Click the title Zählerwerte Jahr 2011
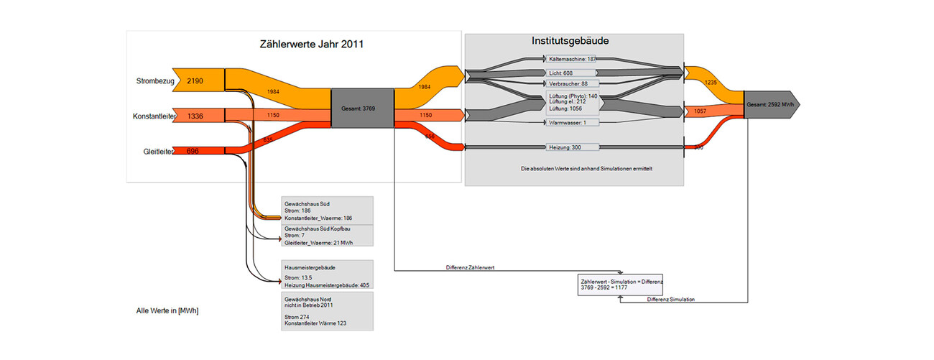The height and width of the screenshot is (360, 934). coord(311,45)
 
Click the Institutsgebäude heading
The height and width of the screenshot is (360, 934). coord(570,41)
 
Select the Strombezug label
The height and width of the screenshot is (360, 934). coord(155,81)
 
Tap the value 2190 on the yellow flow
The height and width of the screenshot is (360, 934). coord(195,81)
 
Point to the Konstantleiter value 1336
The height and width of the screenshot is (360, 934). coord(195,116)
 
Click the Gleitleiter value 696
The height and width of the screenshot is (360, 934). coord(193,151)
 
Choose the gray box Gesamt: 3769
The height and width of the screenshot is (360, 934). coord(362,109)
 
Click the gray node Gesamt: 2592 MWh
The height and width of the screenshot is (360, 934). coord(769,105)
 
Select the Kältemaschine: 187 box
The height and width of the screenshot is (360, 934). coord(572,60)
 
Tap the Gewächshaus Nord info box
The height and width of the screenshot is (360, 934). coord(326,311)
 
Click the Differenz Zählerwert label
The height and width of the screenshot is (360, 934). coord(471,267)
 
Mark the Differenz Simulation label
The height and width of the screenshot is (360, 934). coord(670,299)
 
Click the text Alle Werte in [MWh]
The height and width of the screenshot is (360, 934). coord(167,310)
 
